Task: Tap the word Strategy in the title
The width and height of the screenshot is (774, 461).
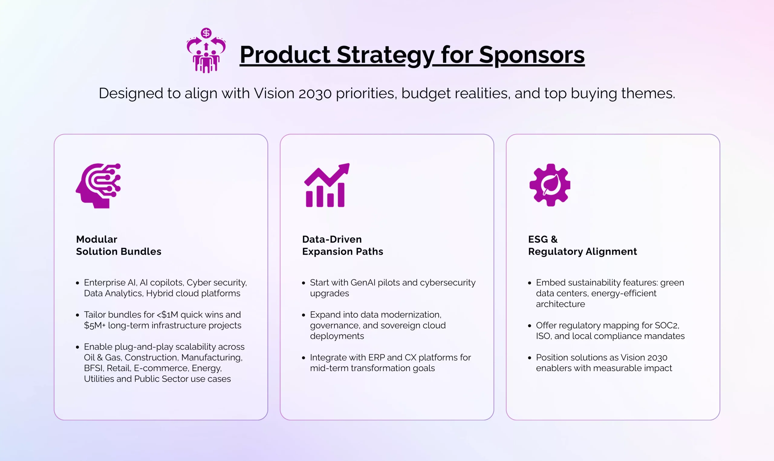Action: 385,55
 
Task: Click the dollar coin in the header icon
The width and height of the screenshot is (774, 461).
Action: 206,33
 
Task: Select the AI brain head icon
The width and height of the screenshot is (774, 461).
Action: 98,185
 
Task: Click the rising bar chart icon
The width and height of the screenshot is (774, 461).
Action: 327,185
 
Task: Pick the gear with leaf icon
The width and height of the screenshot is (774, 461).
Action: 550,185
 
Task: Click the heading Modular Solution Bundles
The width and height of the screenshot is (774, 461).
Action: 119,245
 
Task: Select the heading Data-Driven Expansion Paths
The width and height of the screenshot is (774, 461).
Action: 343,245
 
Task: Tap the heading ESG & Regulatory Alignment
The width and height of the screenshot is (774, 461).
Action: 582,245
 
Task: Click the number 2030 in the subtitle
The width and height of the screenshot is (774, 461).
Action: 315,93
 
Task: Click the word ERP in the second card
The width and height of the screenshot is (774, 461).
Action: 376,358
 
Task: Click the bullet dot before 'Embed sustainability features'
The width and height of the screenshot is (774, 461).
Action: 530,283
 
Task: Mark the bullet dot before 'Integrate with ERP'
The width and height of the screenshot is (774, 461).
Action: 304,358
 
